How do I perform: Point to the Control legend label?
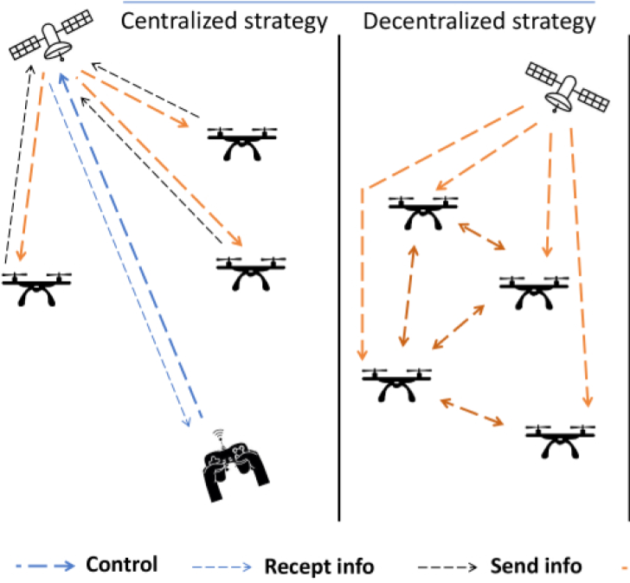(121, 565)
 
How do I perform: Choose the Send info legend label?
(533, 567)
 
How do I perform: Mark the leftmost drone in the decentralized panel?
(396, 383)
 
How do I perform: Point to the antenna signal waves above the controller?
(219, 435)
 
